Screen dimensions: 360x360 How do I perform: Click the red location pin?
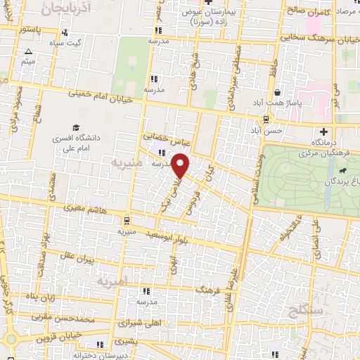tap(181, 166)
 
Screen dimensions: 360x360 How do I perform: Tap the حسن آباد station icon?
tap(266, 120)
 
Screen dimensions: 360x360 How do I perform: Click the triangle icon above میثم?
tap(28, 52)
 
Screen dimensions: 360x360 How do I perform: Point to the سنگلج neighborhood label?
tap(304, 310)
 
